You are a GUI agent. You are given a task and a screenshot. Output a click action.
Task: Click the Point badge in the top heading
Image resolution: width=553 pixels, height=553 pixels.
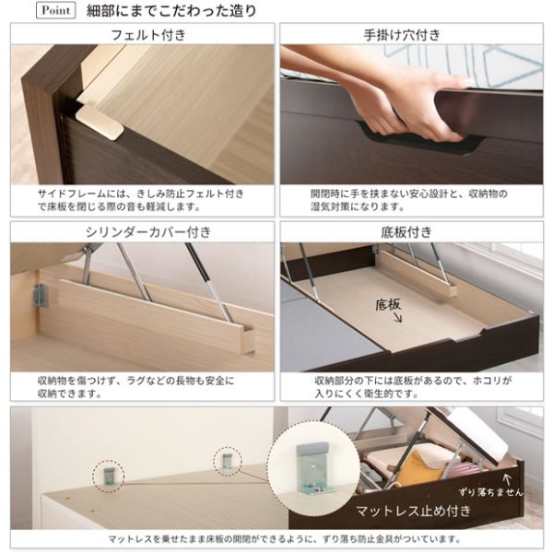point(55,10)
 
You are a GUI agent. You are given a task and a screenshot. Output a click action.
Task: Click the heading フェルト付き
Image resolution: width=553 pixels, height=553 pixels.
point(148,35)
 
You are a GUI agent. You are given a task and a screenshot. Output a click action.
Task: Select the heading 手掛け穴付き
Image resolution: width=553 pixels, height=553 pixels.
point(402,35)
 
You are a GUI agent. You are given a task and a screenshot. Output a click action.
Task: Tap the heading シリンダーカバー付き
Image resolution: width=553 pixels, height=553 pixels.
point(148,232)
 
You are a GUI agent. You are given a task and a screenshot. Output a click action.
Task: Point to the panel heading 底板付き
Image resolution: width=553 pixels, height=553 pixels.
point(406,232)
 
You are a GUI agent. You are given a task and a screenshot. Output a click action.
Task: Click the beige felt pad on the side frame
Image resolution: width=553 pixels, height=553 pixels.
point(100,122)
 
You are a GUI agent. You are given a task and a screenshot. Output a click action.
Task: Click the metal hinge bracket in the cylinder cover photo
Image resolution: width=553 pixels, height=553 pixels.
point(41,295)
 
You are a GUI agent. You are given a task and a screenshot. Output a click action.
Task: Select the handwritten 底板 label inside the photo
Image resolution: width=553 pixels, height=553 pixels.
point(388,305)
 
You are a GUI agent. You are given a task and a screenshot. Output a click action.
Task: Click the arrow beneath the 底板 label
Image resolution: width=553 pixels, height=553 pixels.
point(397,318)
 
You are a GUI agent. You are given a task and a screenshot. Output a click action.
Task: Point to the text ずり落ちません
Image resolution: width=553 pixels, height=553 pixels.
point(491,492)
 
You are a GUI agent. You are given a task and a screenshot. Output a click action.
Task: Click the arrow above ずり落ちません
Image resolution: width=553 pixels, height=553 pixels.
point(507,479)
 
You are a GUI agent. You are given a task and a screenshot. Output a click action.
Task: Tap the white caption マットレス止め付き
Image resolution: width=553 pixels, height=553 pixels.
point(413,511)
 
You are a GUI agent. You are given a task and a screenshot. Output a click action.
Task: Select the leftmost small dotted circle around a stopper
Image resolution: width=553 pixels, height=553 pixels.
point(109,477)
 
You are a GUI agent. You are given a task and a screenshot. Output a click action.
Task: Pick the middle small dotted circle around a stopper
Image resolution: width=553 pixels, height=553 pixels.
point(228,462)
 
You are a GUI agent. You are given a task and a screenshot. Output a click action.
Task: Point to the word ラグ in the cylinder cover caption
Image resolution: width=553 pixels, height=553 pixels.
point(135,381)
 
